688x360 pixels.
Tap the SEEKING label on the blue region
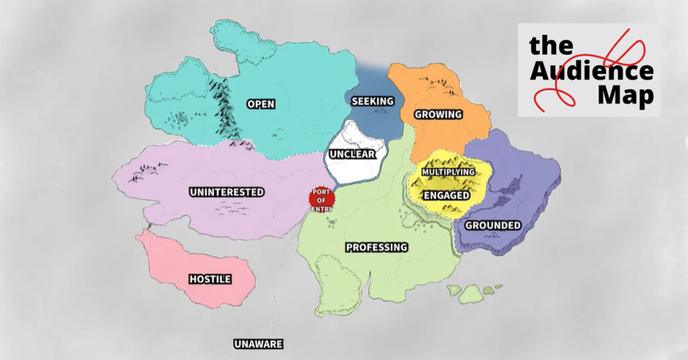tap(372, 101)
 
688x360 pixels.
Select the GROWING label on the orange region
tap(438, 114)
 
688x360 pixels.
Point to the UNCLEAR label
tap(351, 154)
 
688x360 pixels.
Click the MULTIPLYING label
tap(448, 172)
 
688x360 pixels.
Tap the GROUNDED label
tap(493, 225)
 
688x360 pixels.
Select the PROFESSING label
tap(376, 247)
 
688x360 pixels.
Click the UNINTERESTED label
tap(226, 192)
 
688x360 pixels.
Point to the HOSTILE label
tap(210, 279)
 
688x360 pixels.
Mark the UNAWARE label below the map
tap(258, 345)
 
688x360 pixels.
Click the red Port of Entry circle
tap(321, 199)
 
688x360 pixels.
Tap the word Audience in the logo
tap(591, 71)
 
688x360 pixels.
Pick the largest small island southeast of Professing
tap(471, 294)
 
